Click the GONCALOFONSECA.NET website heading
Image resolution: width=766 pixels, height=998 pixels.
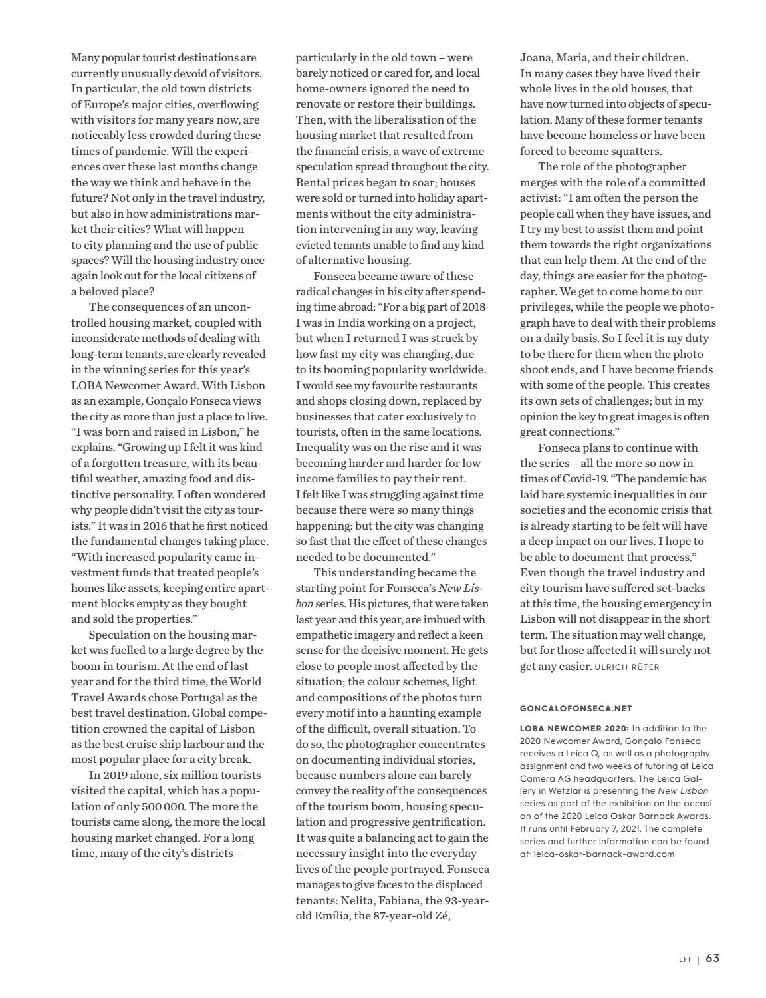pyautogui.click(x=576, y=709)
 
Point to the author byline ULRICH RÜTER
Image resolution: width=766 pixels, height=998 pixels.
pyautogui.click(x=627, y=667)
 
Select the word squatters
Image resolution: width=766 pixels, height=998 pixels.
pyautogui.click(x=638, y=151)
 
